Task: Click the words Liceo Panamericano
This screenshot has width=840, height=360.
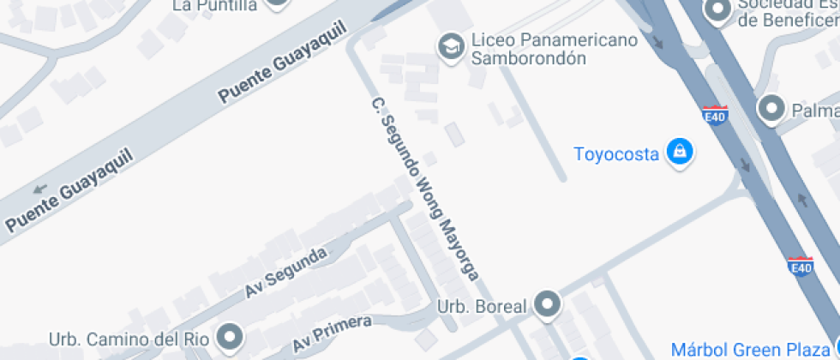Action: click(555, 40)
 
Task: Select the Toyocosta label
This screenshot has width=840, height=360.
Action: click(617, 154)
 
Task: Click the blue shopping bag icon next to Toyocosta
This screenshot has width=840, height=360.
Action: click(680, 153)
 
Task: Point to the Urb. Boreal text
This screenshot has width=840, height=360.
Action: click(480, 305)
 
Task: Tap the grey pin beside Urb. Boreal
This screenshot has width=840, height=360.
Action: click(547, 303)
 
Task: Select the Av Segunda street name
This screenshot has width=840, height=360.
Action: click(286, 273)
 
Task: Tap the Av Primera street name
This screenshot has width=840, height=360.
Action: click(333, 333)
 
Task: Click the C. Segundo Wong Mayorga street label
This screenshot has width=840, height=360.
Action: click(423, 198)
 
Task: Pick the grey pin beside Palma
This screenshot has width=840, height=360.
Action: click(772, 109)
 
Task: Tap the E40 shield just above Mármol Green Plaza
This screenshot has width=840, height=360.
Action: click(801, 266)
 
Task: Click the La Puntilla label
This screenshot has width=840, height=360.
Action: click(214, 5)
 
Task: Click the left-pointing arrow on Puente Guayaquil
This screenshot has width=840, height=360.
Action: click(39, 189)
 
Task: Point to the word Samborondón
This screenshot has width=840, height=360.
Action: click(527, 58)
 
